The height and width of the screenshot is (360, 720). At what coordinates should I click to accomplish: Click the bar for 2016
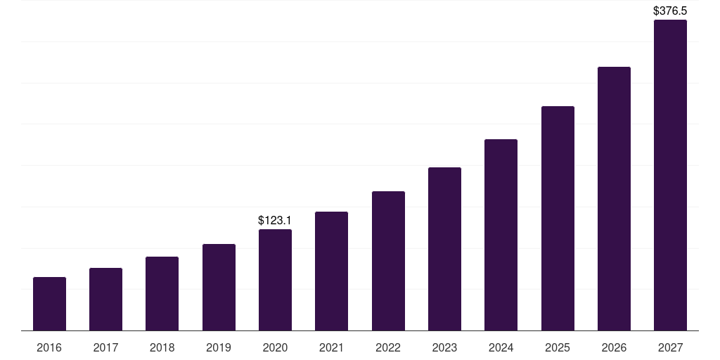tap(49, 304)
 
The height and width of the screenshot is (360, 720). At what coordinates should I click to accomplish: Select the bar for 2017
tap(105, 300)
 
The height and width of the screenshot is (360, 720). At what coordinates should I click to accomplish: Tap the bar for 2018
tap(162, 294)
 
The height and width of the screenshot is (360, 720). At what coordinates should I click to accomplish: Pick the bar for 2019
tap(219, 288)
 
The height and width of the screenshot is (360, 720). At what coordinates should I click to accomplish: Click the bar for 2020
tap(275, 280)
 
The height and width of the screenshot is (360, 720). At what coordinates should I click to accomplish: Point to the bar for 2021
tap(331, 271)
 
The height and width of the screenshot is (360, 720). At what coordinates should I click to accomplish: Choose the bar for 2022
tap(388, 261)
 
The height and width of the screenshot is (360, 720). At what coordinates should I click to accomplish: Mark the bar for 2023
tap(444, 249)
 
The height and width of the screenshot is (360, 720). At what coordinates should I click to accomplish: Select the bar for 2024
tap(501, 235)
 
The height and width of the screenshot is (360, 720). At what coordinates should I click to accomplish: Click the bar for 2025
tap(558, 219)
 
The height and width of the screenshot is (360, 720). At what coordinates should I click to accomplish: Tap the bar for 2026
tap(614, 199)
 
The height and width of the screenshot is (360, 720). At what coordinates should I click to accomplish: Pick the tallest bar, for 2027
tap(670, 175)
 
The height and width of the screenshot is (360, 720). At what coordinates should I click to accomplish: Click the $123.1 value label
tap(275, 221)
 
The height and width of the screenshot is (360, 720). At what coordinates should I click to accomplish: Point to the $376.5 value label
tap(670, 11)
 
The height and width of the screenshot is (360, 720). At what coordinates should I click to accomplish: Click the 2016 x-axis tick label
tap(49, 347)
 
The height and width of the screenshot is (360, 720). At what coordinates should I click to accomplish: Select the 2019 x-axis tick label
tap(219, 347)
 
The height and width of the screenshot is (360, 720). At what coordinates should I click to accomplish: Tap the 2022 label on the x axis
tap(388, 347)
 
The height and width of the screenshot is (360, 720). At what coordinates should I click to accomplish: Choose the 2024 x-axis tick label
tap(501, 347)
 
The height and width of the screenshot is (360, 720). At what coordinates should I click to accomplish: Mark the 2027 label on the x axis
tap(670, 347)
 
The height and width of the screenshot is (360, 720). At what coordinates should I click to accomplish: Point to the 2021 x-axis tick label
tap(331, 347)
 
